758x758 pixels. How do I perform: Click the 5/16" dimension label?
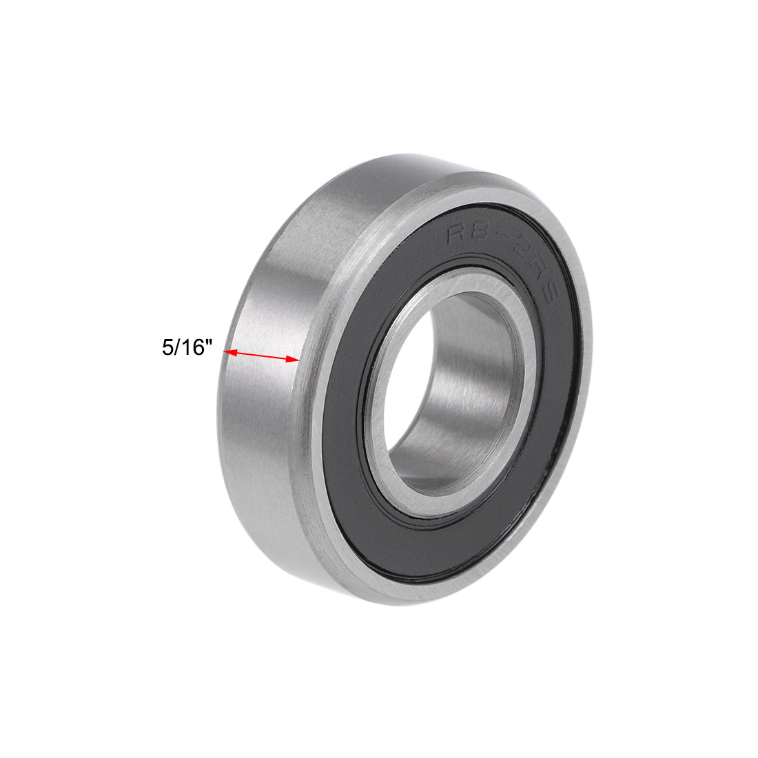pyautogui.click(x=185, y=347)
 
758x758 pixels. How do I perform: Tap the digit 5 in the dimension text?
pyautogui.click(x=167, y=347)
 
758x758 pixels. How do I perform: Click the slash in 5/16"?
pyautogui.click(x=176, y=347)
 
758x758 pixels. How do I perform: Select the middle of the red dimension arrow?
pyautogui.click(x=263, y=356)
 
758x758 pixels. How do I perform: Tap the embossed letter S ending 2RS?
pyautogui.click(x=551, y=300)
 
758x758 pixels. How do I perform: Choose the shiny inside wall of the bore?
pyautogui.click(x=482, y=379)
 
